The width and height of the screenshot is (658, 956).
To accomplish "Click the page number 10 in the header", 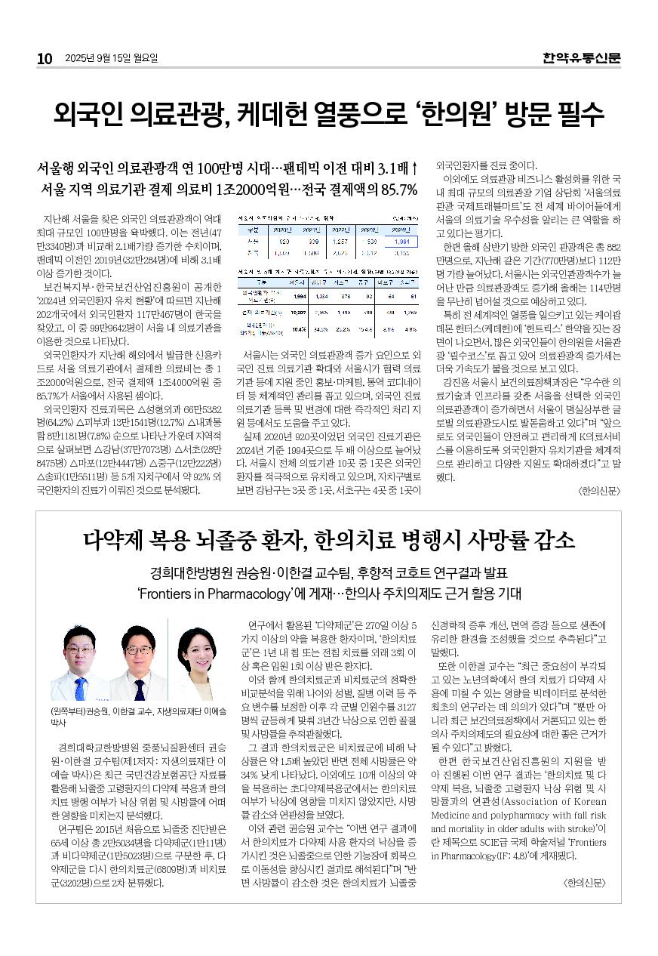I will (x=45, y=58).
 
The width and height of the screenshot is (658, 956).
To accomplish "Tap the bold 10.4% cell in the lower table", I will (x=298, y=329).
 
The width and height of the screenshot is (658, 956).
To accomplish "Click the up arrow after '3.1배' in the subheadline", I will (x=414, y=167).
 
